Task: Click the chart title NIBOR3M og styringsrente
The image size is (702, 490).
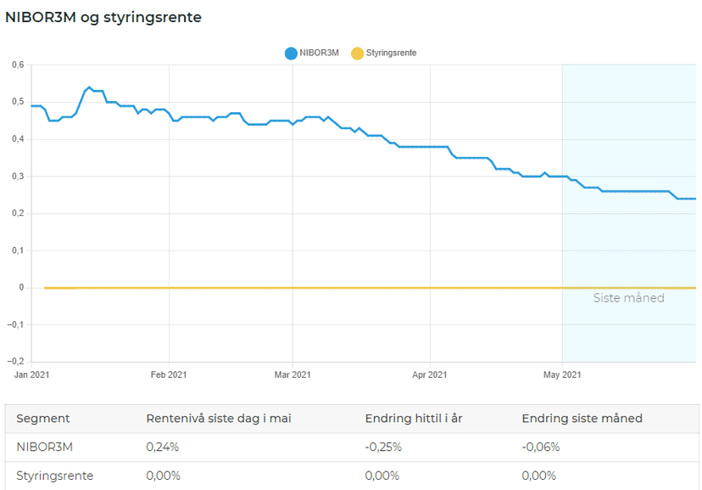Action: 103,17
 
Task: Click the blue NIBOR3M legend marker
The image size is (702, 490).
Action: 291,53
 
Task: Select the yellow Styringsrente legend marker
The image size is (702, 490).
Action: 357,53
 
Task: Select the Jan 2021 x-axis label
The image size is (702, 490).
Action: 32,375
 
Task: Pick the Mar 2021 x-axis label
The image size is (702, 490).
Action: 292,375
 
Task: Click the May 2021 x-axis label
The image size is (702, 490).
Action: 561,375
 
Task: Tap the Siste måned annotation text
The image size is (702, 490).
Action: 628,298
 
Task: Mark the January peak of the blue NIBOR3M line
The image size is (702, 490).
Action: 89,87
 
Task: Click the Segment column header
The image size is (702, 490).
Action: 43,419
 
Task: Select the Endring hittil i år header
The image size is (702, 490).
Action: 413,419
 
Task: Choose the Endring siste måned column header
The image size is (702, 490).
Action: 582,419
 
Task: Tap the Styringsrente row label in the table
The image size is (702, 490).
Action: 55,476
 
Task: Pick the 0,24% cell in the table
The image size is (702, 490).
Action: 163,447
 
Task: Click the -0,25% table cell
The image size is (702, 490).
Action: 383,447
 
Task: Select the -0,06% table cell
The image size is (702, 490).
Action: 540,447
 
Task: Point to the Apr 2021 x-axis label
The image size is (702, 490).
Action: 430,375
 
